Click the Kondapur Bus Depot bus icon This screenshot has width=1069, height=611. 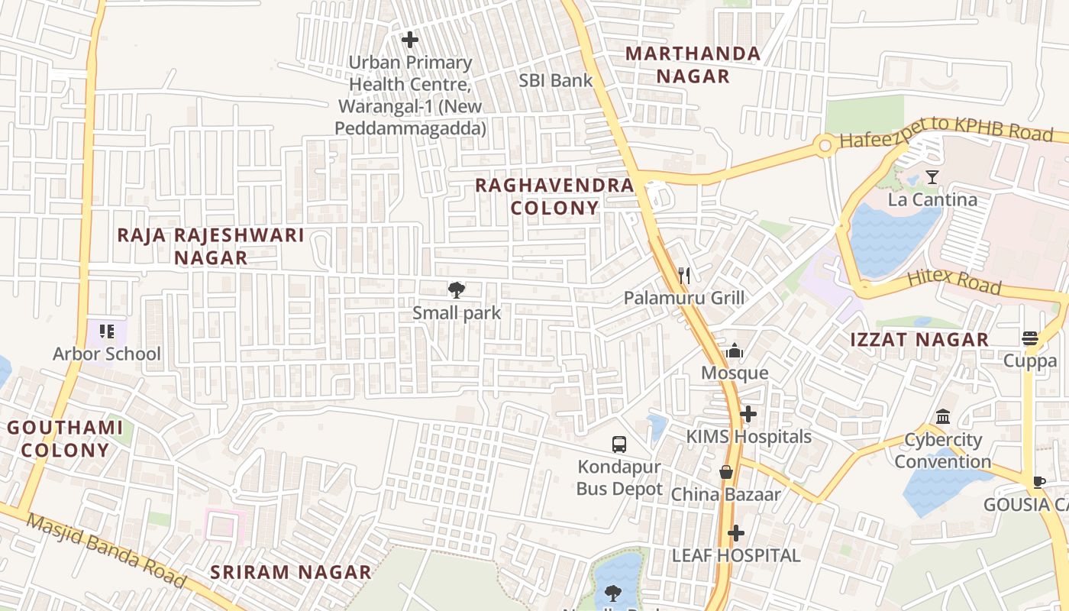point(619,444)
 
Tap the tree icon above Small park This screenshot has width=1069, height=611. point(457,289)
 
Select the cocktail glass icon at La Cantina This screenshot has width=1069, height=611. point(932,177)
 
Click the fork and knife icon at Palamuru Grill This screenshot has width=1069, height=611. point(684,276)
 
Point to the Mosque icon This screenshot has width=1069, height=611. point(735,351)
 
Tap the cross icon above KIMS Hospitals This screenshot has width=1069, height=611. point(748,415)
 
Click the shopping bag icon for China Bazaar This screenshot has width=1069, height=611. point(726,472)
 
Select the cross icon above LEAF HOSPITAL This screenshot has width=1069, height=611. point(736,533)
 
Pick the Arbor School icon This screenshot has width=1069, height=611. point(107,331)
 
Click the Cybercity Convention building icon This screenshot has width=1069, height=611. point(943,417)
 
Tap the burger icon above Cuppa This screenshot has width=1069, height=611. point(1030,338)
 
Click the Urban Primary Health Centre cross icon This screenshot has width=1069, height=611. point(410,40)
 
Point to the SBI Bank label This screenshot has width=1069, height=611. point(556,80)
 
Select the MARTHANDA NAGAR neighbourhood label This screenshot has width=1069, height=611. point(693,65)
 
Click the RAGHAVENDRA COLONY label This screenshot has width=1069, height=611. point(554,196)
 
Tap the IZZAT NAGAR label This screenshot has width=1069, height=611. point(919,340)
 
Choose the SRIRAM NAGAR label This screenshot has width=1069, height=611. point(291,572)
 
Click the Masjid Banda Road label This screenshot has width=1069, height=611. point(106,551)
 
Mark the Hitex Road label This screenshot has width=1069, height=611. point(954,280)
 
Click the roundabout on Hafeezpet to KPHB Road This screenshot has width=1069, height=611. point(825,145)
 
